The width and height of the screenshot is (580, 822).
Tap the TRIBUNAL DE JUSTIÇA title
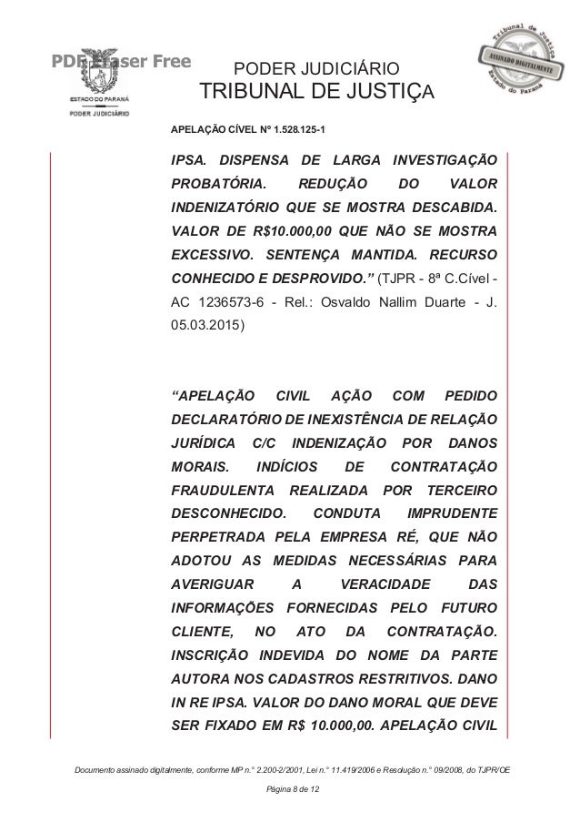(x=317, y=94)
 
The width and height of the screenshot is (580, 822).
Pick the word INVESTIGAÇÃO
(x=442, y=160)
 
